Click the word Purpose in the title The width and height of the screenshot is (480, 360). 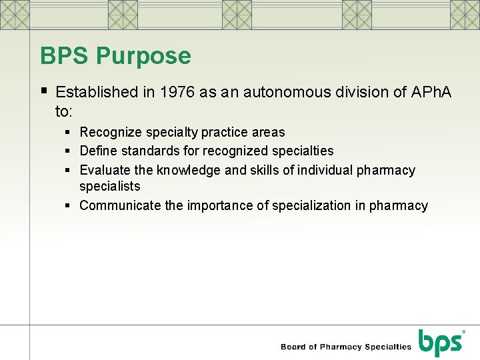[143, 56]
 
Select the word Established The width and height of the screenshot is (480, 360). [97, 92]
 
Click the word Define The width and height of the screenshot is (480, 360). [99, 151]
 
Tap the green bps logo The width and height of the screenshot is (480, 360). [441, 343]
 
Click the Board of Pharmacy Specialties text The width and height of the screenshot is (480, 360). [346, 347]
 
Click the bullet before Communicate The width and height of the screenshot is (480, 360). [69, 205]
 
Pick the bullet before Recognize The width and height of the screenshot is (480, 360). [69, 132]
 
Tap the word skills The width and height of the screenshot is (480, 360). [265, 170]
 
